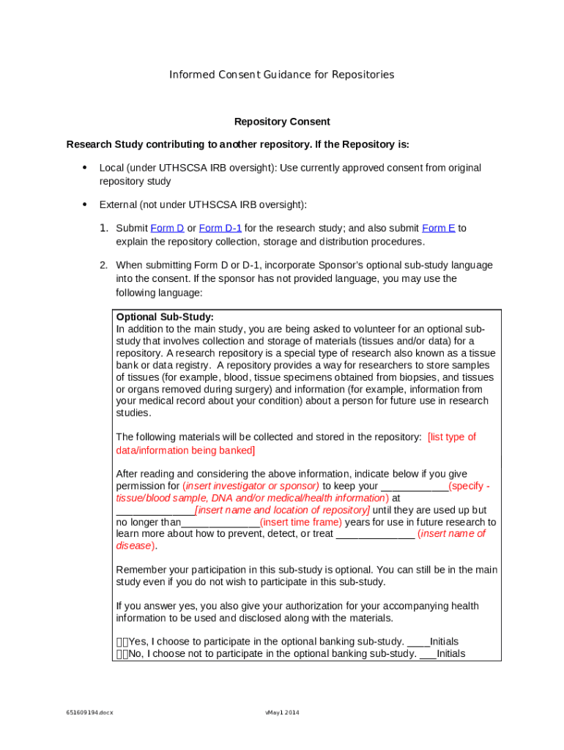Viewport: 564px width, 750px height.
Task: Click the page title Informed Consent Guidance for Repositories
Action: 281,75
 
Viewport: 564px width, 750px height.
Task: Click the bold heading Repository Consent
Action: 282,122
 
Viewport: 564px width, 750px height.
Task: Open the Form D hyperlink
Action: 167,229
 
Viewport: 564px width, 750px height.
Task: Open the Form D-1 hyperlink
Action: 220,229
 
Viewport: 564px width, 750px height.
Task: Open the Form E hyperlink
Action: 439,229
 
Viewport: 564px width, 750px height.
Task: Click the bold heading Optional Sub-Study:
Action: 165,317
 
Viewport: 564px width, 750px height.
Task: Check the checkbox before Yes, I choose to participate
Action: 122,642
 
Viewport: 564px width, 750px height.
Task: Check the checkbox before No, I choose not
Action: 122,654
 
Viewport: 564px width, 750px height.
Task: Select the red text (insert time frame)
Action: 300,522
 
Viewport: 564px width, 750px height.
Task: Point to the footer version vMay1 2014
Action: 282,713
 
